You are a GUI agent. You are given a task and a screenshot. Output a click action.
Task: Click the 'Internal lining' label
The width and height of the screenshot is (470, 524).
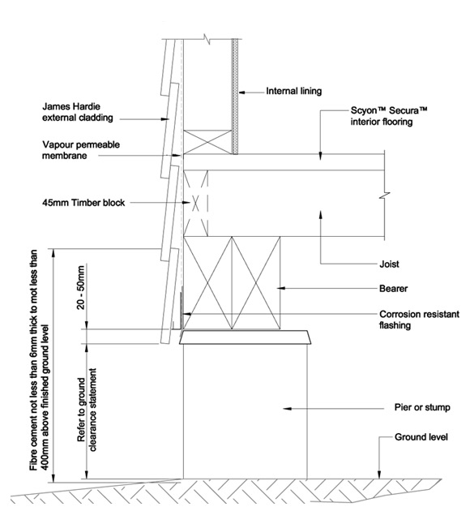click(x=293, y=91)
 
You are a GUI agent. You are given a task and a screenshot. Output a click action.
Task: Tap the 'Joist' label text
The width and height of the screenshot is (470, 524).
click(x=389, y=264)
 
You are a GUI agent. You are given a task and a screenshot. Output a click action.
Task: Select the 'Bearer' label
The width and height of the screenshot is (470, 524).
click(x=393, y=289)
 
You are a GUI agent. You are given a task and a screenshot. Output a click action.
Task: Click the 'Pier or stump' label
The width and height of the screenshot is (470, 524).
click(x=422, y=408)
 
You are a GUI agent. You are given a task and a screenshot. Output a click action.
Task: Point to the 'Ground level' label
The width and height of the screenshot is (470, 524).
click(x=421, y=437)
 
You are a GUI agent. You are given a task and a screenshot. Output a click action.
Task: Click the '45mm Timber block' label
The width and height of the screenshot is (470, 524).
click(x=83, y=203)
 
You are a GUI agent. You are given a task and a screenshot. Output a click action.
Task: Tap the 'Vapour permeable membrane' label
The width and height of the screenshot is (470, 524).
click(x=81, y=150)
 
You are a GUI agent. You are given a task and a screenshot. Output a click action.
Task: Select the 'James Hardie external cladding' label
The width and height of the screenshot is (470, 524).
click(x=78, y=112)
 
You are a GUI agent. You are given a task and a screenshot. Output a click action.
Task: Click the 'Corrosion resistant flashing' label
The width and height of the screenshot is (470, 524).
click(x=419, y=320)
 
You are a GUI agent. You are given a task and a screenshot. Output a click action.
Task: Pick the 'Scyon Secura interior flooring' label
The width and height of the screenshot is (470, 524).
click(x=389, y=116)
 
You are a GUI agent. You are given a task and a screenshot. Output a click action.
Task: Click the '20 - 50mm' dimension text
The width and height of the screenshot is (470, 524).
click(x=82, y=287)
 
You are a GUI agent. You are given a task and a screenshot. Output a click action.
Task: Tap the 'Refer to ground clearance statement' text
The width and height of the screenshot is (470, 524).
click(x=87, y=410)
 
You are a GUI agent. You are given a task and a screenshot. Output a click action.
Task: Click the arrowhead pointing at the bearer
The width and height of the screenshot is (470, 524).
click(x=280, y=288)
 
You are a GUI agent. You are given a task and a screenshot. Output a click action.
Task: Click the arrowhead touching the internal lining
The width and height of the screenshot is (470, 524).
click(x=241, y=91)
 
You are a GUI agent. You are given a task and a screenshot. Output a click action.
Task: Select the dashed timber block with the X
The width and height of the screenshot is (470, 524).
click(x=195, y=203)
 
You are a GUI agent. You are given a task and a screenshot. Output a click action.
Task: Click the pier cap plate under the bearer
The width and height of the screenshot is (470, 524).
click(x=245, y=337)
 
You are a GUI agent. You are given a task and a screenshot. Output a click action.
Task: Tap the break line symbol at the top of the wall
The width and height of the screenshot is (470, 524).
click(x=209, y=40)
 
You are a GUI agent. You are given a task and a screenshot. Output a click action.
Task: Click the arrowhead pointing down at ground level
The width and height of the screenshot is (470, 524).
click(x=379, y=475)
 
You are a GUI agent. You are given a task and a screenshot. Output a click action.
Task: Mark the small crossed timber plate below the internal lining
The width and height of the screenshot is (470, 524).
click(x=207, y=142)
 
